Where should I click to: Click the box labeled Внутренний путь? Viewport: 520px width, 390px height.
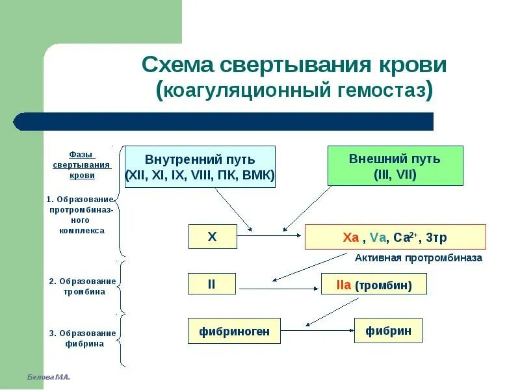[x=200, y=166]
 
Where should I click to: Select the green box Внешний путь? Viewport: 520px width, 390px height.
[x=395, y=166]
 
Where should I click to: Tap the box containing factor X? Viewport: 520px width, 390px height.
[x=212, y=237]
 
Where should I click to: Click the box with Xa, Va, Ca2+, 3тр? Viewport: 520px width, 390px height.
[x=395, y=237]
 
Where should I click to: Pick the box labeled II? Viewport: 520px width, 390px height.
[x=212, y=284]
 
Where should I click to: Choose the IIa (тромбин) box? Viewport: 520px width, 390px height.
[x=374, y=285]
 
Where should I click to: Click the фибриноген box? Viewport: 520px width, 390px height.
[x=230, y=331]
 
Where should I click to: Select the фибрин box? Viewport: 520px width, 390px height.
[x=388, y=330]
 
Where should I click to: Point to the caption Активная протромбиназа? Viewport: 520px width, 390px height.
[x=419, y=257]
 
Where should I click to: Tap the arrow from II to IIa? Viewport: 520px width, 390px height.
[x=278, y=285]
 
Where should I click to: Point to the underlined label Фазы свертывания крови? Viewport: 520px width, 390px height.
[x=82, y=165]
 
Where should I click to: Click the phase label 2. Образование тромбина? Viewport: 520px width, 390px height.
[x=82, y=286]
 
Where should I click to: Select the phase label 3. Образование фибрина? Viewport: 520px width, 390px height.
[x=82, y=338]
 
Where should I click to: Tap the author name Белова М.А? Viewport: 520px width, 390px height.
[x=49, y=377]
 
